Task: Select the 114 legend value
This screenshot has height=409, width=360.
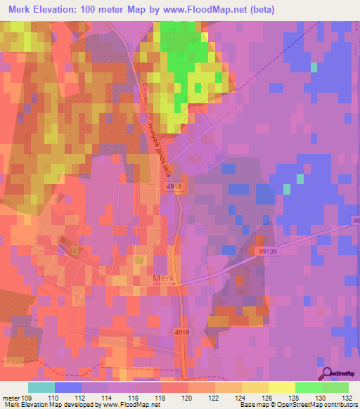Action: click(108, 397)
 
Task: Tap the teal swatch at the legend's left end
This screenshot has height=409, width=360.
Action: click(41, 387)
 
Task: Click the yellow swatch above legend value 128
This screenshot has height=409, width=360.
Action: click(281, 387)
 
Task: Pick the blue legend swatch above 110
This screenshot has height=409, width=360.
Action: click(67, 387)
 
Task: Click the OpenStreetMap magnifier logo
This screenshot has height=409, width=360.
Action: click(326, 373)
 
